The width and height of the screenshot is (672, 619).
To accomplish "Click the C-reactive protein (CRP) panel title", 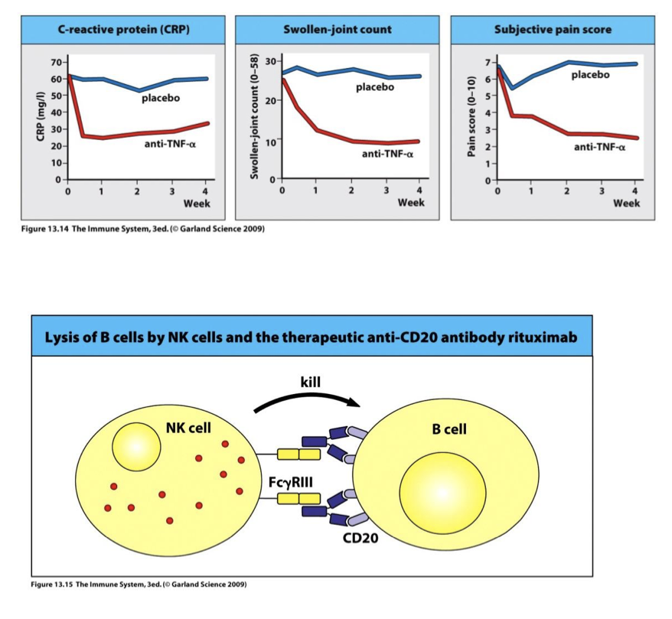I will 124,29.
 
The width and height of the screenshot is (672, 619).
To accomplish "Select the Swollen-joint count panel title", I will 337,29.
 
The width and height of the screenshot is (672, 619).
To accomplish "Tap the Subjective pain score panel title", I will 553,29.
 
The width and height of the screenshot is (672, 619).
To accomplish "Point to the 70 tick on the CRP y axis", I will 56,61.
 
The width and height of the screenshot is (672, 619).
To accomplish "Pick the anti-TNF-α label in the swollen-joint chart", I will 387,154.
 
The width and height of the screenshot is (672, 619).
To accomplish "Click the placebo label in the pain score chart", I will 590,75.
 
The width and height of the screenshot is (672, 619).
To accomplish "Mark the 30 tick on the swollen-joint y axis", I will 270,60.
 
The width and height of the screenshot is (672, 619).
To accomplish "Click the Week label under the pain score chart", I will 626,204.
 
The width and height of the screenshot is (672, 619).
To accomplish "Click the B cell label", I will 449,429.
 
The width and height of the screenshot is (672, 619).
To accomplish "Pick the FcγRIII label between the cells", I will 289,483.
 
